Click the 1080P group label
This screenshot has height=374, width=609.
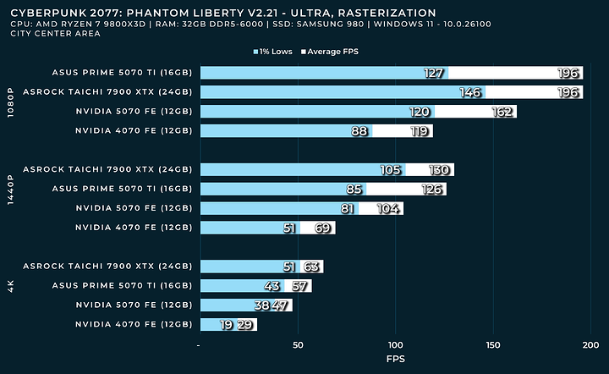coord(9,102)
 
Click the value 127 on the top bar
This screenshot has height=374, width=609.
coord(434,73)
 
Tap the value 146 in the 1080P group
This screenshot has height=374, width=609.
coord(470,92)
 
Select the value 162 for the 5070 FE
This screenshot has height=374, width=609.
coord(502,112)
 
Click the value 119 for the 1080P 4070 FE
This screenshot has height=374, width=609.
coord(418,131)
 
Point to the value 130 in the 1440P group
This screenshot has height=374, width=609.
coord(439,170)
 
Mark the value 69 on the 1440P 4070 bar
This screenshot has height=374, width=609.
coord(323,228)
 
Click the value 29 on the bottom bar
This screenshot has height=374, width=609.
coord(244,325)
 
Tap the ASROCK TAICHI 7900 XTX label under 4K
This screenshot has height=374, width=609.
coord(108,267)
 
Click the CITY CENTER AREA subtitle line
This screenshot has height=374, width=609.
coord(43,34)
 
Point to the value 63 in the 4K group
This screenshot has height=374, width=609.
coord(311,267)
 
